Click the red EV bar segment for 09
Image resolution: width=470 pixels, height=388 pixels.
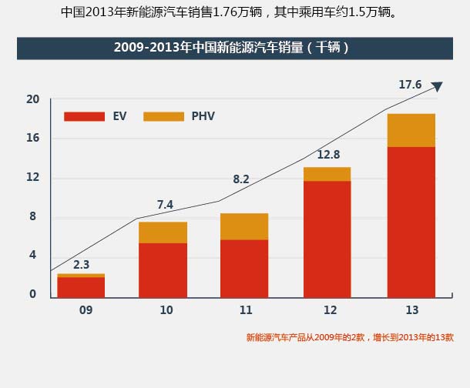81,287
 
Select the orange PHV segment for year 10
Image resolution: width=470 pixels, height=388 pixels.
163,232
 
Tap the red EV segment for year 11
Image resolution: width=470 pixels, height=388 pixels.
244,269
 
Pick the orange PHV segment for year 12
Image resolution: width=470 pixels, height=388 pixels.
327,174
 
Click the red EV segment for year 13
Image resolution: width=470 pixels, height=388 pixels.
411,222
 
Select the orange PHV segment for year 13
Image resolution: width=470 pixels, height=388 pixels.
411,130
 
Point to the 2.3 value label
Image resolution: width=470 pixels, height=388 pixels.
81,264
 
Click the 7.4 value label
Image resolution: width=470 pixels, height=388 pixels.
165,205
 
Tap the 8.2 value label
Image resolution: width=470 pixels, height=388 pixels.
241,179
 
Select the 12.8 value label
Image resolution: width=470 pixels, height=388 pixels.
328,155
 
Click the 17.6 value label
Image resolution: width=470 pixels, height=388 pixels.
410,85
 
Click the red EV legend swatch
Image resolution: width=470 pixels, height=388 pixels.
84,116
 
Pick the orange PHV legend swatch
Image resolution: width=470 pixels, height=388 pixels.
164,116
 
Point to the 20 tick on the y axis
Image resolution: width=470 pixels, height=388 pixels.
32,99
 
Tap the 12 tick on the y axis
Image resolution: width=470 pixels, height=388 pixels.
32,177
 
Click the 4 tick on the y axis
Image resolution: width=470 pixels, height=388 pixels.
33,255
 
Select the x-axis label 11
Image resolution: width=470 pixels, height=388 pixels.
246,310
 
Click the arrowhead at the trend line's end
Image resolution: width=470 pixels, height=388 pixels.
437,86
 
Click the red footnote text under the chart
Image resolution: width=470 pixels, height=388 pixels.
350,337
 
